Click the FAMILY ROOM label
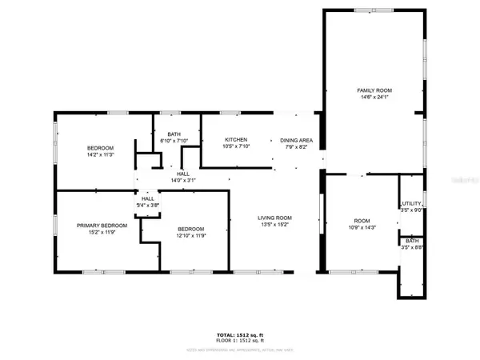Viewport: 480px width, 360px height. pyautogui.click(x=374, y=90)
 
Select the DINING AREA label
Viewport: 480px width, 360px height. pyautogui.click(x=295, y=140)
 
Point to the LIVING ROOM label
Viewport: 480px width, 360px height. pyautogui.click(x=274, y=218)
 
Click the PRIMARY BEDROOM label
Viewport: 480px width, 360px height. pyautogui.click(x=102, y=226)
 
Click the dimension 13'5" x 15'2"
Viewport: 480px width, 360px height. pyautogui.click(x=274, y=226)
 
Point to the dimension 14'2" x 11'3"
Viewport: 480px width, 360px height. pyautogui.click(x=101, y=155)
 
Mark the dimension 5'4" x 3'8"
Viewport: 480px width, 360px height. pyautogui.click(x=148, y=206)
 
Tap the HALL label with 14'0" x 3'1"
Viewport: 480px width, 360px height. pyautogui.click(x=183, y=174)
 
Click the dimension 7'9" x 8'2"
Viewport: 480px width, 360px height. pyautogui.click(x=295, y=147)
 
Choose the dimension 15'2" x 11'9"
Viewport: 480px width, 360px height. pyautogui.click(x=102, y=233)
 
